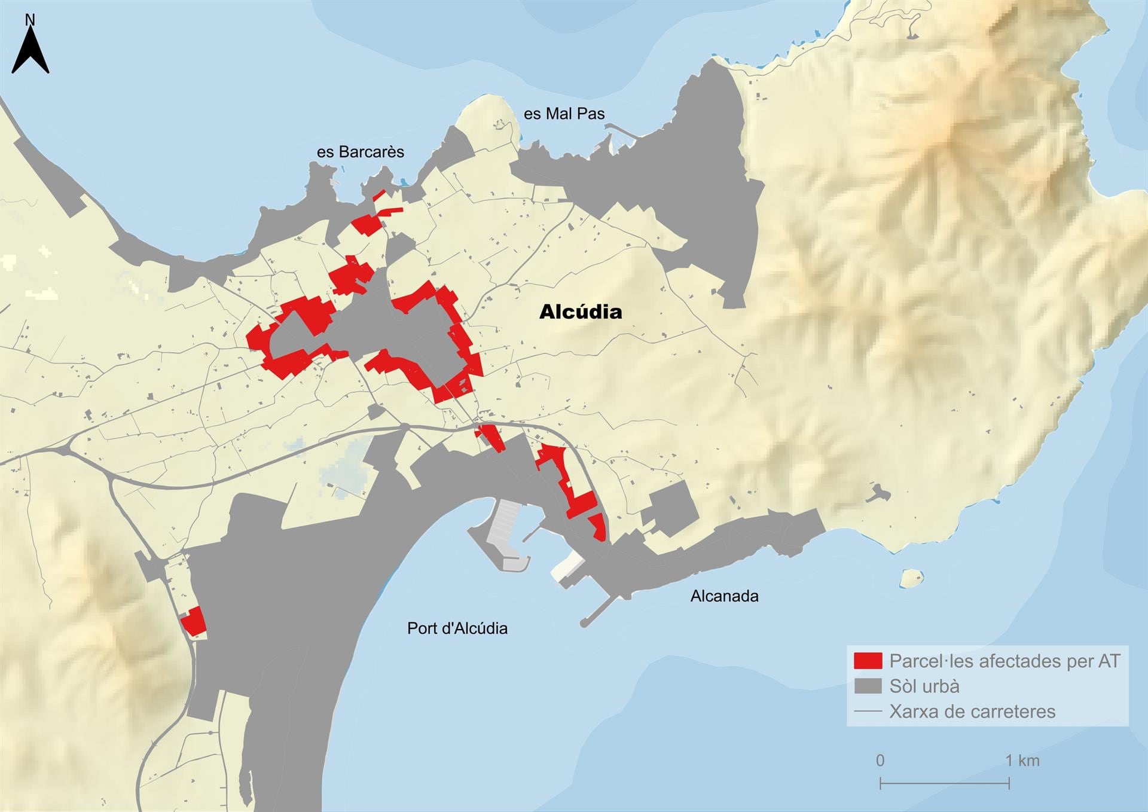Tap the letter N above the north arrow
pyautogui.click(x=30, y=20)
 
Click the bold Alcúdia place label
pyautogui.click(x=580, y=312)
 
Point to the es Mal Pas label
pyautogui.click(x=564, y=114)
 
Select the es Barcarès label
pyautogui.click(x=360, y=152)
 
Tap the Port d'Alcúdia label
pyautogui.click(x=457, y=628)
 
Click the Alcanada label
pyautogui.click(x=724, y=596)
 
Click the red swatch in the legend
pyautogui.click(x=868, y=661)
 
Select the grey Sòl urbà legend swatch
pyautogui.click(x=868, y=686)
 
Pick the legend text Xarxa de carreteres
pyautogui.click(x=972, y=712)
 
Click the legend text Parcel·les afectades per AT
pyautogui.click(x=1004, y=661)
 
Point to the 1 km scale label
pyautogui.click(x=1022, y=761)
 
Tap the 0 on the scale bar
pyautogui.click(x=880, y=761)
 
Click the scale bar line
pyautogui.click(x=945, y=783)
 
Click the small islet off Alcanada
pyautogui.click(x=911, y=578)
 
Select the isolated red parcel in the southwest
pyautogui.click(x=194, y=622)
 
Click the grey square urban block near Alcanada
pyautogui.click(x=674, y=508)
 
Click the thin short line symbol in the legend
pyautogui.click(x=868, y=712)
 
